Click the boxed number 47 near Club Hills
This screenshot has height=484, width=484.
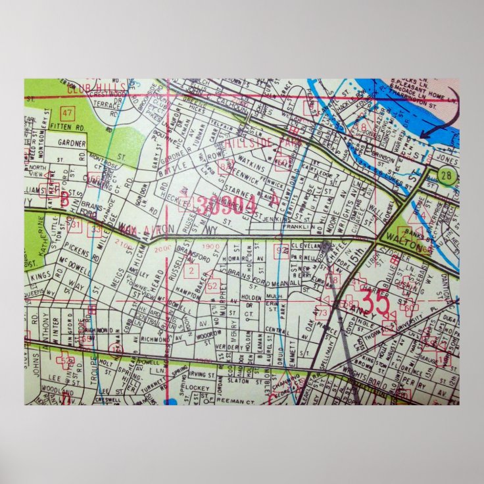[66, 112]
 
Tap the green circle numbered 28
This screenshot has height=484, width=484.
[447, 176]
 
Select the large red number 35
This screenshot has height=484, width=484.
[377, 303]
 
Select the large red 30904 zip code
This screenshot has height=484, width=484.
[226, 205]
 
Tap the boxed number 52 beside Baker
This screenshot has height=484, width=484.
[212, 286]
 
